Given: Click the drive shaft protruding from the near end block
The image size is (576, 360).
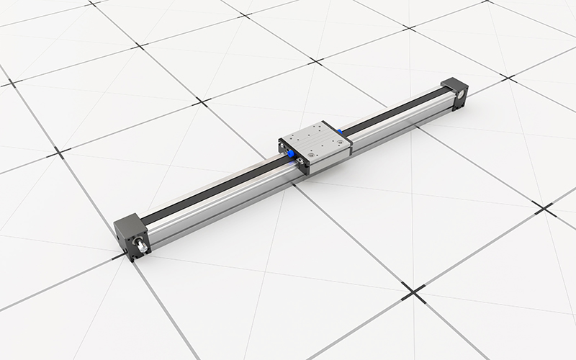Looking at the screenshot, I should (143, 248).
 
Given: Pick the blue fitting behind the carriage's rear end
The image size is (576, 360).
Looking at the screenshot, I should (340, 132).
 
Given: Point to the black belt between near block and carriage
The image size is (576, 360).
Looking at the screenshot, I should (209, 189).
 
